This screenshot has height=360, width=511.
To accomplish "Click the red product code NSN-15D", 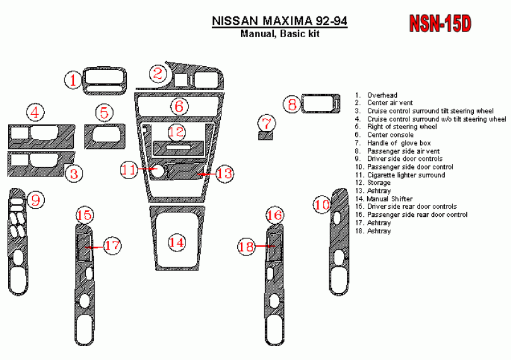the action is [x=440, y=23].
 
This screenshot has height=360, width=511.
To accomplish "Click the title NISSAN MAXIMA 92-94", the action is [x=279, y=21].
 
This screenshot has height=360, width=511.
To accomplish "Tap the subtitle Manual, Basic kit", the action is [x=280, y=33].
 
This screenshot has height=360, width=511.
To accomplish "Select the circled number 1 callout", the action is [x=73, y=80].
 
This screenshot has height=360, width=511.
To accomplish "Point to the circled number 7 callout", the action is [x=267, y=124].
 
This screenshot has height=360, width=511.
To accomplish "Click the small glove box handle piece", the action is [x=266, y=136].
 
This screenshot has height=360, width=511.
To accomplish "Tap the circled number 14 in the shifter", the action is [x=176, y=242].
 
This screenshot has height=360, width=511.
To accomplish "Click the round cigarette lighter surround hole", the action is [x=158, y=171].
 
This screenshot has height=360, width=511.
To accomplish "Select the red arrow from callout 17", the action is [x=95, y=247].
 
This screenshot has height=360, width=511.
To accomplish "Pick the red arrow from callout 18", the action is [x=265, y=246].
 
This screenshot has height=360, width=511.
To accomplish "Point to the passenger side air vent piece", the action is [x=321, y=104].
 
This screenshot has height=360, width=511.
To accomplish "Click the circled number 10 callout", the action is [x=322, y=205].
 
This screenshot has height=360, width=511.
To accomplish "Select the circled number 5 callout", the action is [x=104, y=113].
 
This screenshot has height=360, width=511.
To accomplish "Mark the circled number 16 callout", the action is [x=274, y=215].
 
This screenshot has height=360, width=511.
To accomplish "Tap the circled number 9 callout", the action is [x=35, y=200].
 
